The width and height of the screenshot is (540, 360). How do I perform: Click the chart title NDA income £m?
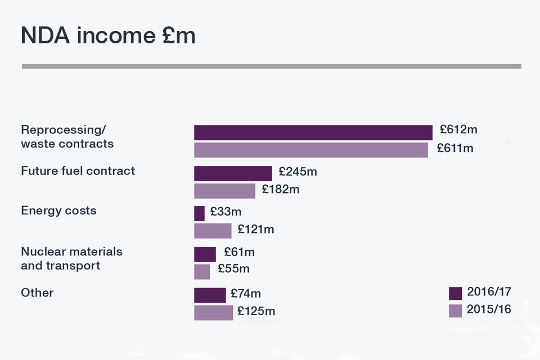pyautogui.click(x=108, y=36)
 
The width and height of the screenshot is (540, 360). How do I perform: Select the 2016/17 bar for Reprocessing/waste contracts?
pyautogui.click(x=313, y=132)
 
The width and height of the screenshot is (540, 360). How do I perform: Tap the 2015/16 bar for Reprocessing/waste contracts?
pyautogui.click(x=310, y=150)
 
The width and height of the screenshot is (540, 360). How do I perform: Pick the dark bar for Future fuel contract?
pyautogui.click(x=233, y=173)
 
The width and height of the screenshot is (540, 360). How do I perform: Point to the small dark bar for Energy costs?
pyautogui.click(x=199, y=213)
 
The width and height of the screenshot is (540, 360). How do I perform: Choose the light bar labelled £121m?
pyautogui.click(x=213, y=231)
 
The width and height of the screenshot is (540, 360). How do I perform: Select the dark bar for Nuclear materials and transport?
pyautogui.click(x=205, y=254)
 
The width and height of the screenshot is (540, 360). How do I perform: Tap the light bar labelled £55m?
pyautogui.click(x=202, y=272)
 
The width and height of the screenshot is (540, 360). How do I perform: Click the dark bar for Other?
pyautogui.click(x=210, y=295)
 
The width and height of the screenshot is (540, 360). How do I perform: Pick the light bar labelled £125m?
pyautogui.click(x=213, y=313)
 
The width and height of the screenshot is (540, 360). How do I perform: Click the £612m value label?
pyautogui.click(x=458, y=130)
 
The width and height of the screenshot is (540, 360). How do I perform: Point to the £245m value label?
pyautogui.click(x=298, y=172)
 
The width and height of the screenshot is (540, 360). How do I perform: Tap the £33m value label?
pyautogui.click(x=226, y=212)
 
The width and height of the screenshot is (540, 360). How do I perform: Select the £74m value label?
pyautogui.click(x=246, y=294)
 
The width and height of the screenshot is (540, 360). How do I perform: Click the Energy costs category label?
pyautogui.click(x=58, y=211)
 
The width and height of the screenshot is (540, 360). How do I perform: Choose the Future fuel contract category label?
pyautogui.click(x=78, y=171)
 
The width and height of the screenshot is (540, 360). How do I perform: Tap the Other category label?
pyautogui.click(x=37, y=293)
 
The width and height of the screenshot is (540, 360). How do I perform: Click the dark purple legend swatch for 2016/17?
pyautogui.click(x=455, y=293)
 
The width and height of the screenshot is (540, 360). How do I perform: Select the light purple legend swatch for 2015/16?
pyautogui.click(x=455, y=310)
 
